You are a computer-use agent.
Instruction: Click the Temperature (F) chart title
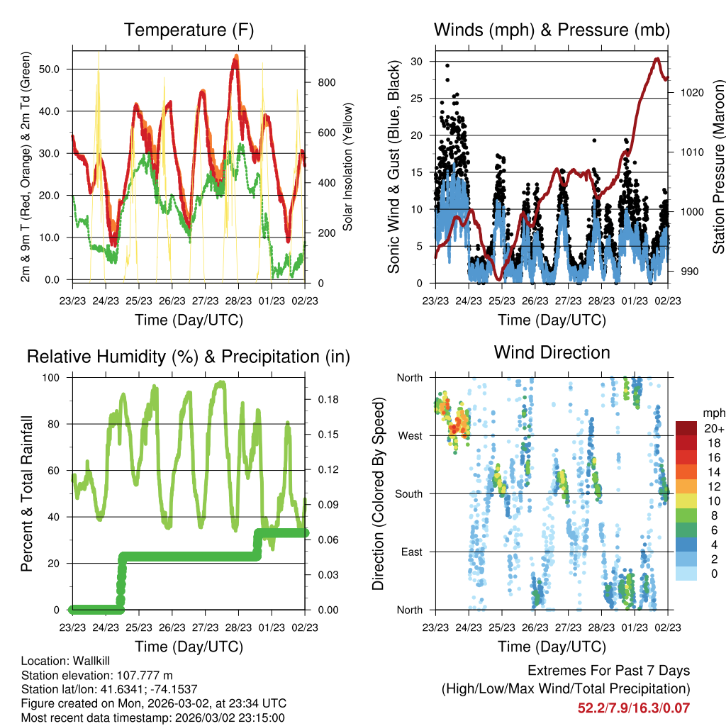coord(189,30)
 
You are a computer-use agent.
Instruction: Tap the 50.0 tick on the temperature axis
coord(54,69)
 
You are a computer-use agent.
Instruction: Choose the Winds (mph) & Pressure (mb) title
coord(552,30)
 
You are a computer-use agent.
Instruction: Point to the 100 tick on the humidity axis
coord(55,377)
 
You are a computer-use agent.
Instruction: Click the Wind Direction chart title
coord(552,352)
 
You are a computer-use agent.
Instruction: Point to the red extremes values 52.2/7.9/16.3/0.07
coord(634,708)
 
